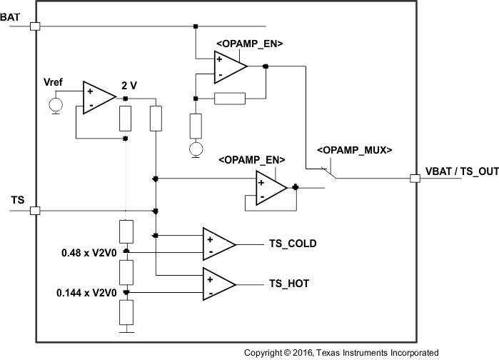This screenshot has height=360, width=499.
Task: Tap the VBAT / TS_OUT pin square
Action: pyautogui.click(x=415, y=178)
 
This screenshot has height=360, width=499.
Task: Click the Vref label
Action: pyautogui.click(x=54, y=82)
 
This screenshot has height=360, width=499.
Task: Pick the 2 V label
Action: pyautogui.click(x=130, y=85)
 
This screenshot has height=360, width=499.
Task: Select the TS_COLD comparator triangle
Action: pyautogui.click(x=218, y=244)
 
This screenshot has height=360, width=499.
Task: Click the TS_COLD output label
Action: pyautogui.click(x=293, y=244)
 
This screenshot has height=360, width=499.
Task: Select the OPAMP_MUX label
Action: pyautogui.click(x=355, y=150)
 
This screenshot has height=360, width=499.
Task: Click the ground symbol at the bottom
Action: pyautogui.click(x=126, y=330)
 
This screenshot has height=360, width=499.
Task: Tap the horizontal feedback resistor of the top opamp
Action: pyautogui.click(x=230, y=98)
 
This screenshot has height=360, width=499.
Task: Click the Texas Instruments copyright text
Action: pyautogui.click(x=341, y=353)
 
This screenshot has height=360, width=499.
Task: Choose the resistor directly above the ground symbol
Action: pyautogui.click(x=126, y=312)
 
